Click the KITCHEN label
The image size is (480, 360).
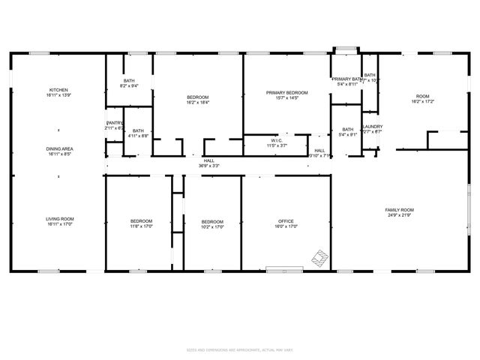[x=59, y=90]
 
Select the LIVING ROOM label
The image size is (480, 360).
[x=60, y=219]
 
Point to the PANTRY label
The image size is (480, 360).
[x=114, y=122]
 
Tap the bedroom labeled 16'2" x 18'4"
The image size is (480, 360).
[x=198, y=97]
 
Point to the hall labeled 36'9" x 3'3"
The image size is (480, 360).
[x=209, y=160]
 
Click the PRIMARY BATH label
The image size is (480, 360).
[x=346, y=79]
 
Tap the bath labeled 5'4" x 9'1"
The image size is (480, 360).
[x=347, y=130]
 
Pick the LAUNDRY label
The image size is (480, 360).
[x=372, y=127]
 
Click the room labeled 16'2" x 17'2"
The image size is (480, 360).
[x=423, y=97]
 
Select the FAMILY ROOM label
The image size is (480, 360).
[x=400, y=210]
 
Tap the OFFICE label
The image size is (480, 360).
[x=286, y=221]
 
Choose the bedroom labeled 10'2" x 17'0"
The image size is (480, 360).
[x=212, y=221]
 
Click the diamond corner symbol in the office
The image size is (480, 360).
[x=320, y=259]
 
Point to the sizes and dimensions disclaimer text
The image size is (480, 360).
[x=240, y=349]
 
